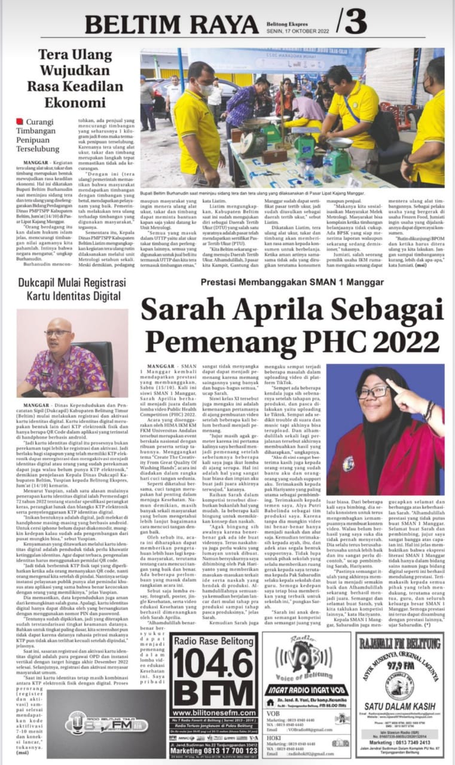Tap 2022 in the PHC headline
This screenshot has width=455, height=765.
[400, 341]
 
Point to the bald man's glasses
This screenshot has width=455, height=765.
[58, 333]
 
